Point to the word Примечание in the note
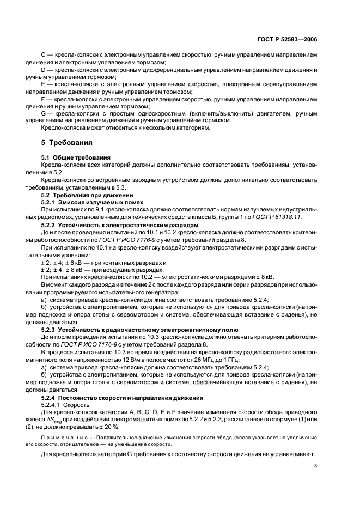[x=62, y=439]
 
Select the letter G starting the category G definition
[x=44, y=113]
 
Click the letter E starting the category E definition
[x=44, y=84]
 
